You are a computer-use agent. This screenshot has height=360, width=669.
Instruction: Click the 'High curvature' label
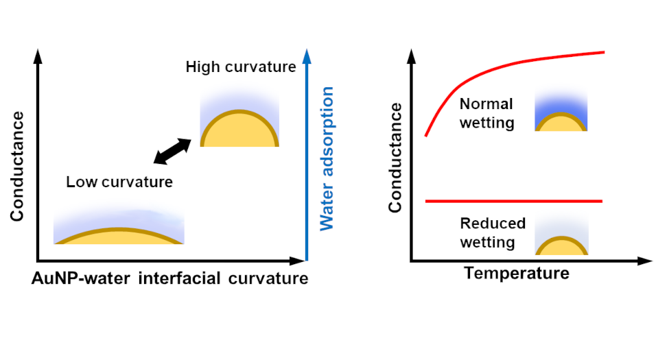click(x=240, y=67)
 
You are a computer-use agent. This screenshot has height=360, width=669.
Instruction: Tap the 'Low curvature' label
click(x=119, y=182)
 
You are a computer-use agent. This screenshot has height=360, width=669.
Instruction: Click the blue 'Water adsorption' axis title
click(x=327, y=158)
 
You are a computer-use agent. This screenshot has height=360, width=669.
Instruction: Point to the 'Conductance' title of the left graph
click(x=17, y=167)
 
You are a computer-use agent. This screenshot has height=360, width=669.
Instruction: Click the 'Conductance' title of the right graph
click(x=395, y=158)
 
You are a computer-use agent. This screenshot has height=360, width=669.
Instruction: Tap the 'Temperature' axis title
click(x=517, y=274)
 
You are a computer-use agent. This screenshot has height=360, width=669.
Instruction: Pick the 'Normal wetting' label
click(x=486, y=114)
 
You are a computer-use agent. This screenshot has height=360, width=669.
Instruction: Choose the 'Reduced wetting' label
click(x=493, y=232)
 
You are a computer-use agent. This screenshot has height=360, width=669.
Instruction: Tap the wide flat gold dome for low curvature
click(x=119, y=237)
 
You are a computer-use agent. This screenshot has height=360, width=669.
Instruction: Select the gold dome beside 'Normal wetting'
click(x=561, y=123)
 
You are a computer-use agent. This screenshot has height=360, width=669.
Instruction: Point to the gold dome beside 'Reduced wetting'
click(x=561, y=247)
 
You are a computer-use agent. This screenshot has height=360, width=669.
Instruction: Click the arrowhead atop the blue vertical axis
click(x=307, y=54)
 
